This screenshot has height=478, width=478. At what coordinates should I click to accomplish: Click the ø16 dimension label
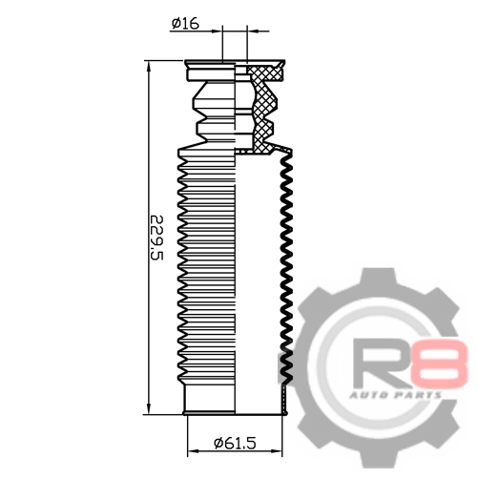click(x=185, y=24)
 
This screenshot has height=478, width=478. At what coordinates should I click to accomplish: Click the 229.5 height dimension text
click(x=156, y=238)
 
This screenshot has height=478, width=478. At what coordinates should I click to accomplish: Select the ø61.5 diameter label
click(x=235, y=443)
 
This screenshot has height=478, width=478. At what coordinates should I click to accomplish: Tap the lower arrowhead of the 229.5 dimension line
click(x=148, y=409)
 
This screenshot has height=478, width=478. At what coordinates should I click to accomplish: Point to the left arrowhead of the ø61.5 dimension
click(x=193, y=451)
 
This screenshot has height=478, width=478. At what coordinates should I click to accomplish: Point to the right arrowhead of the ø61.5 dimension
click(x=277, y=451)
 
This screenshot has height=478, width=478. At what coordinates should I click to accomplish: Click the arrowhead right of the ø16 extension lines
click(x=252, y=31)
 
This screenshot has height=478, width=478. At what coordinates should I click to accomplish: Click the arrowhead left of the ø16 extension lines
click(x=218, y=31)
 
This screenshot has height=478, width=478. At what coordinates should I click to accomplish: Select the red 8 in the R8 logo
click(x=439, y=364)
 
